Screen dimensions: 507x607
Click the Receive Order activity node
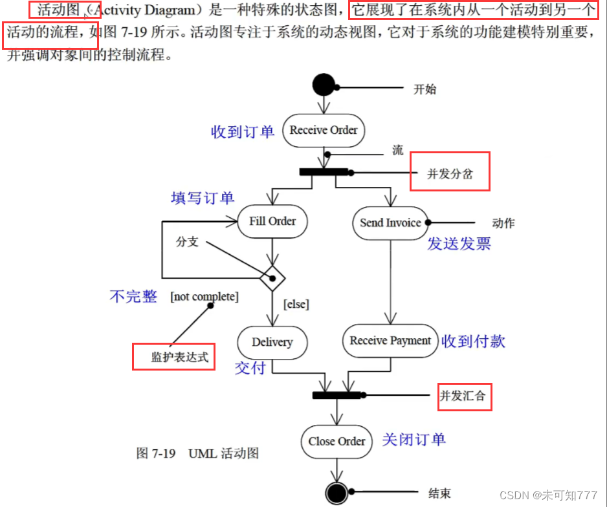(324, 130)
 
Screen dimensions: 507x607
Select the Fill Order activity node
(272, 221)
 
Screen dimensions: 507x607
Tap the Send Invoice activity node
(390, 222)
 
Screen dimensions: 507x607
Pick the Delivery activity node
(272, 342)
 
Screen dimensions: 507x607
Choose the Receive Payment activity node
(390, 341)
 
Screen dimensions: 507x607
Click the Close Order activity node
(337, 441)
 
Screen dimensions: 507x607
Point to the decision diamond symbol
(272, 279)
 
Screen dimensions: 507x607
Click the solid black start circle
(324, 85)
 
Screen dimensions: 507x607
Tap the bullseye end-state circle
(337, 494)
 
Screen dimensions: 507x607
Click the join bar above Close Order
(337, 394)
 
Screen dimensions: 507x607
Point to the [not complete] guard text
(204, 297)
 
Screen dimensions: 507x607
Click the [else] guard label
(296, 303)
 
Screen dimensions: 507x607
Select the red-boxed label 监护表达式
(173, 357)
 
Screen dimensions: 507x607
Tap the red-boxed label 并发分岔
(450, 172)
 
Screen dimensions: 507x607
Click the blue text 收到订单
(243, 132)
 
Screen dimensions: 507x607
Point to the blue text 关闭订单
(414, 440)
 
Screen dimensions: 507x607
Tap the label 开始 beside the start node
(425, 89)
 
